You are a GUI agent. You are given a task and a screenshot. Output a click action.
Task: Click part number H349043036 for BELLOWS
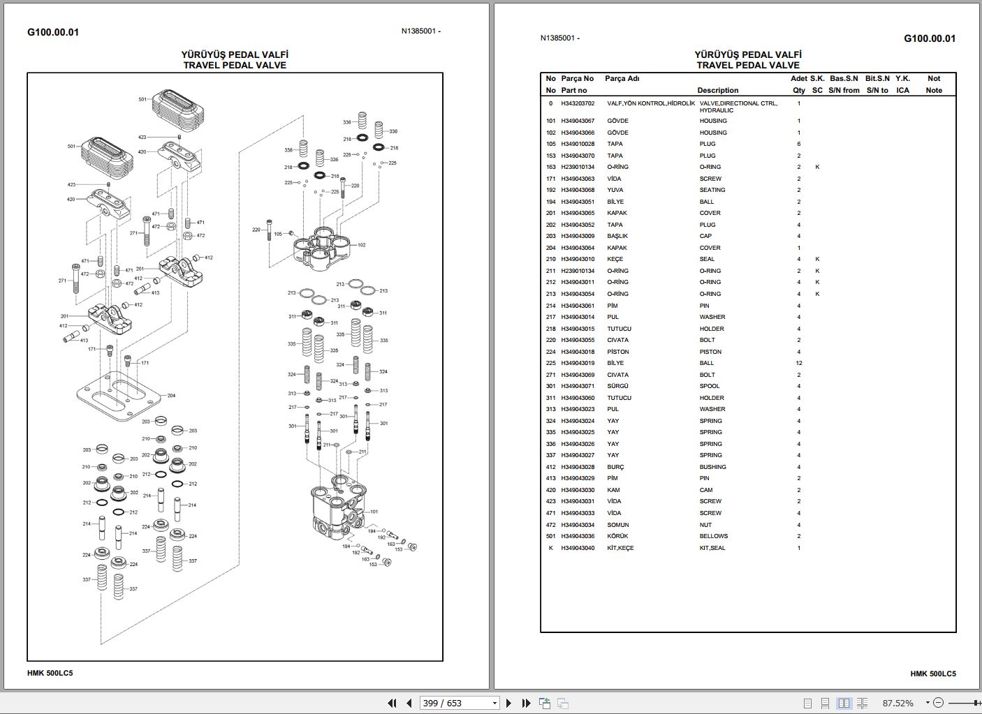578,536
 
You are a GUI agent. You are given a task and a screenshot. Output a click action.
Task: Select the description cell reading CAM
706,490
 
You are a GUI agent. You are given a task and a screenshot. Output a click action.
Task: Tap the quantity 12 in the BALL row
798,363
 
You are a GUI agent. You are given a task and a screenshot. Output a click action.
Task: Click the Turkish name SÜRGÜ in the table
617,386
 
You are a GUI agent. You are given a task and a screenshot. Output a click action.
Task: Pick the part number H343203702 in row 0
578,103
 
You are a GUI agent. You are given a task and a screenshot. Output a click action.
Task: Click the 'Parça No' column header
577,79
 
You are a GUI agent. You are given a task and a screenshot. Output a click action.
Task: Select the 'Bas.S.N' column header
844,79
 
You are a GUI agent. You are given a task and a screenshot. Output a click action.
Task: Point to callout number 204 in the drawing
171,396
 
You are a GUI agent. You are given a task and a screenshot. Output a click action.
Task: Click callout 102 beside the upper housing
361,245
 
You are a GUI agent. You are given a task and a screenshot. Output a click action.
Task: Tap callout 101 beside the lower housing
374,512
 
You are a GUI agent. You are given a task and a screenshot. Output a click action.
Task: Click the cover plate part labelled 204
119,396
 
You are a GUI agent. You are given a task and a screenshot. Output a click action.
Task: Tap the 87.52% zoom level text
897,703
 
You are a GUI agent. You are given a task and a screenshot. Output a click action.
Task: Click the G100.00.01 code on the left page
53,32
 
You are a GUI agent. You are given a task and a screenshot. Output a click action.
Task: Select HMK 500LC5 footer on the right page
932,674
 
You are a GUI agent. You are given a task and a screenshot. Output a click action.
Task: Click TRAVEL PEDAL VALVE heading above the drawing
235,65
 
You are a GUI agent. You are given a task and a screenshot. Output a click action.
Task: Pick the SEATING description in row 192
712,190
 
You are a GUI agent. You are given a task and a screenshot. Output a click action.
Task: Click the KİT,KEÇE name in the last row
620,548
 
